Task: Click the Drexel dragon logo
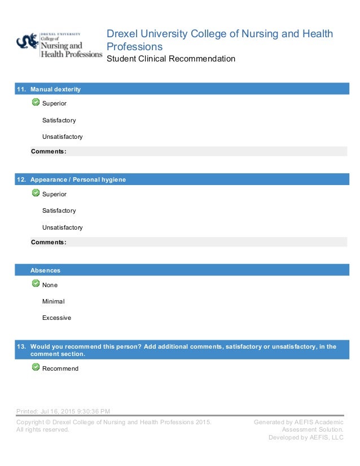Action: pyautogui.click(x=27, y=41)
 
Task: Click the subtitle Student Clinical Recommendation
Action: pyautogui.click(x=171, y=59)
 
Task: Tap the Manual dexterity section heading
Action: pyautogui.click(x=55, y=89)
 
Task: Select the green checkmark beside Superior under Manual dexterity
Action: pyautogui.click(x=36, y=103)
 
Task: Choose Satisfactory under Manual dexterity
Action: pyautogui.click(x=59, y=120)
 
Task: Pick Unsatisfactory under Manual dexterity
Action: pyautogui.click(x=62, y=137)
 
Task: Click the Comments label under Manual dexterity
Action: pyautogui.click(x=49, y=151)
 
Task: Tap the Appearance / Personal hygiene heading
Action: pyautogui.click(x=78, y=179)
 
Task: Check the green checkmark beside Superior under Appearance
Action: pyautogui.click(x=36, y=193)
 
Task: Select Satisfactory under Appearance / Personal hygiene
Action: pyautogui.click(x=59, y=210)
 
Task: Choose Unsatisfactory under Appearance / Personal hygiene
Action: pyautogui.click(x=62, y=227)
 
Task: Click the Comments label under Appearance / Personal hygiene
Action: pyautogui.click(x=49, y=242)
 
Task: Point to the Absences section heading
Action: pyautogui.click(x=45, y=270)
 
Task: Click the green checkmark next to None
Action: pyautogui.click(x=36, y=284)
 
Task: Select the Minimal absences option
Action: pyautogui.click(x=54, y=301)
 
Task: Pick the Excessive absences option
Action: pyautogui.click(x=56, y=318)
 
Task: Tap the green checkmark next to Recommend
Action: pyautogui.click(x=36, y=367)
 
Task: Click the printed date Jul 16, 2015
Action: pyautogui.click(x=63, y=411)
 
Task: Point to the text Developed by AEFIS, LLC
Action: pyautogui.click(x=306, y=437)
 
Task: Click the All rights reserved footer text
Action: pyautogui.click(x=43, y=429)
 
